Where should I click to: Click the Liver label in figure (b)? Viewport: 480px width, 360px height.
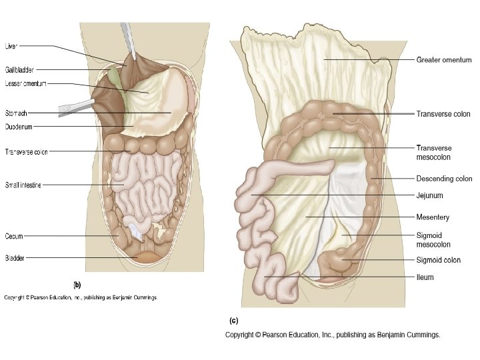(x=11, y=46)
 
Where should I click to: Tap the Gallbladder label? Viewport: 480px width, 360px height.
(x=20, y=69)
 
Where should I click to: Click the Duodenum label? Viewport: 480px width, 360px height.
(x=19, y=126)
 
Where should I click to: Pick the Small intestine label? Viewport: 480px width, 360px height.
(x=23, y=185)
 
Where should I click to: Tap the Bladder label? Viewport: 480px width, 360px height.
(x=15, y=257)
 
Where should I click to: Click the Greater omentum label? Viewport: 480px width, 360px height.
(x=444, y=60)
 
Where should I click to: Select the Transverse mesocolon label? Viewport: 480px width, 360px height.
(x=434, y=153)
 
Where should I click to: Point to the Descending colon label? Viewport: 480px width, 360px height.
(x=444, y=179)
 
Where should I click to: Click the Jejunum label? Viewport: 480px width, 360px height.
(x=430, y=196)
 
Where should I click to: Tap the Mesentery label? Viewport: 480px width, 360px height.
(x=433, y=217)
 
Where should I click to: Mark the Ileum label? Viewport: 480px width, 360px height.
(x=425, y=277)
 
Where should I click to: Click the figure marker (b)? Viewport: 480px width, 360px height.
(x=77, y=282)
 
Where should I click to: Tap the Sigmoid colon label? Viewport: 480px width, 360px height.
(x=439, y=261)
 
